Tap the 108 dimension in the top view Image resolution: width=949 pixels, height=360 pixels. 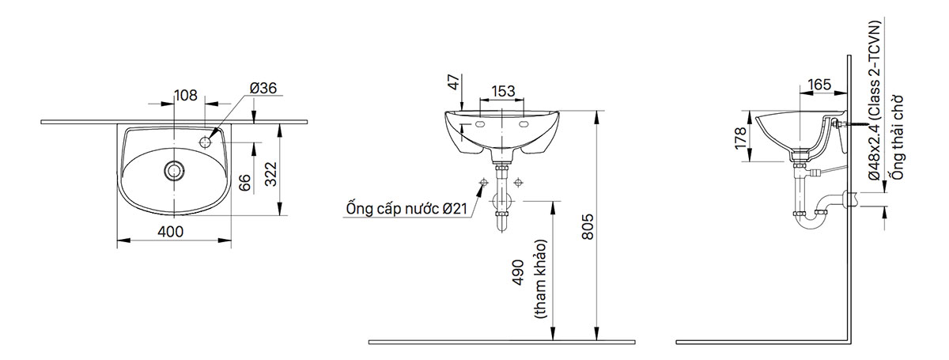pos(185,96)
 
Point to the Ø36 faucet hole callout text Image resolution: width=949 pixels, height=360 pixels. pos(263,89)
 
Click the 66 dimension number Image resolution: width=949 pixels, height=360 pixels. pos(245,184)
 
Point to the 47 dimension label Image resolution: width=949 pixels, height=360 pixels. pos(453,81)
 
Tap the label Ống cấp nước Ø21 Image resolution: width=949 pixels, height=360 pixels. pos(404,209)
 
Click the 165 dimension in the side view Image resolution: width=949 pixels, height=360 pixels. pos(819,83)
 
